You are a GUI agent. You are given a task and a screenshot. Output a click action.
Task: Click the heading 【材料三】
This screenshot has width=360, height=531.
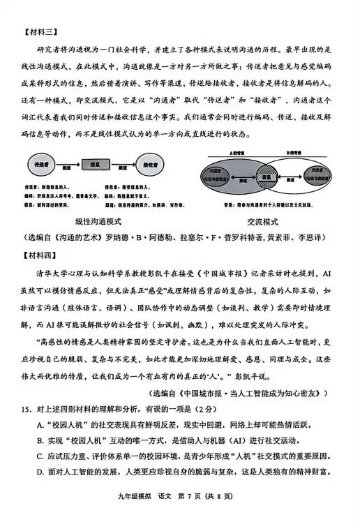39,31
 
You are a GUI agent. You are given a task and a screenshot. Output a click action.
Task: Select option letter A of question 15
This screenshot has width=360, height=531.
40,425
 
